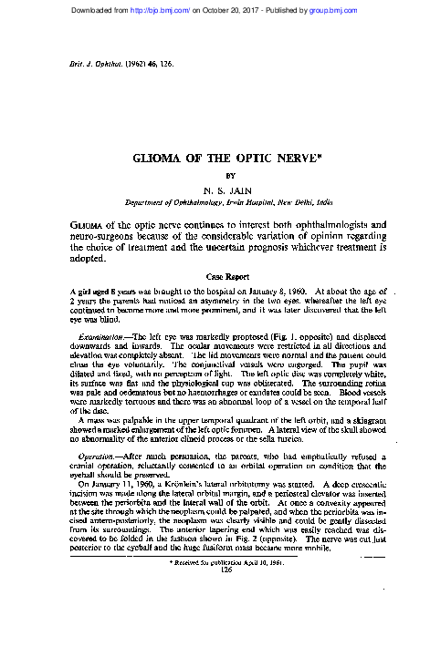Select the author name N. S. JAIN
tap(215, 190)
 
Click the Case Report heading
tap(215, 275)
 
